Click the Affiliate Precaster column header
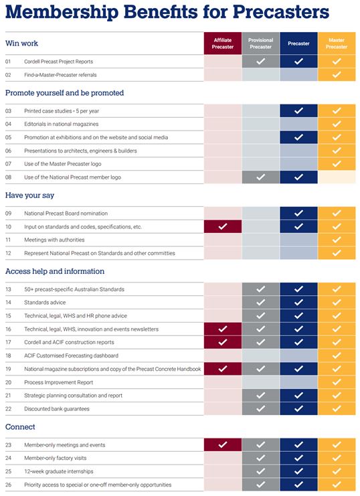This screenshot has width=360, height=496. pyautogui.click(x=223, y=44)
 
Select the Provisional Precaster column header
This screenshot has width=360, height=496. pyautogui.click(x=261, y=44)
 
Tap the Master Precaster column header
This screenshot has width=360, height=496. pyautogui.click(x=337, y=44)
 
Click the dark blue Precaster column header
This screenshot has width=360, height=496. pyautogui.click(x=298, y=44)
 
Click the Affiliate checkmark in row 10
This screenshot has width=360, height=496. pyautogui.click(x=223, y=226)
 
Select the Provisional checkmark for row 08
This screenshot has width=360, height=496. pyautogui.click(x=261, y=177)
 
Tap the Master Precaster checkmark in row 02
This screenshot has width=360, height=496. pyautogui.click(x=337, y=75)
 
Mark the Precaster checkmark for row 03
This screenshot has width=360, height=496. pyautogui.click(x=298, y=110)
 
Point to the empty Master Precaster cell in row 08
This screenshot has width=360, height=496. pyautogui.click(x=337, y=177)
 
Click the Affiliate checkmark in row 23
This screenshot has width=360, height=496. pyautogui.click(x=223, y=444)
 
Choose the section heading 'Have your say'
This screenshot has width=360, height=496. pyautogui.click(x=29, y=195)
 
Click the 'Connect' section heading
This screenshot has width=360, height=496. pyautogui.click(x=20, y=427)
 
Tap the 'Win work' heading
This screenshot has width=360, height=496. pyautogui.click(x=21, y=44)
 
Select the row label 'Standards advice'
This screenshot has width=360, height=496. pyautogui.click(x=45, y=303)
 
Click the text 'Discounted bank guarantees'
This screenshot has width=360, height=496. pyautogui.click(x=57, y=409)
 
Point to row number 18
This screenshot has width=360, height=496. pyautogui.click(x=8, y=355)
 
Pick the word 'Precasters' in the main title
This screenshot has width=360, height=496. pyautogui.click(x=281, y=11)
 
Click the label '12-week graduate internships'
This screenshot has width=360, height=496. pyautogui.click(x=59, y=471)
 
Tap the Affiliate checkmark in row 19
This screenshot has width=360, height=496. pyautogui.click(x=223, y=369)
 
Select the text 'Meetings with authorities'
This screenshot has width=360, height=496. pyautogui.click(x=54, y=240)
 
